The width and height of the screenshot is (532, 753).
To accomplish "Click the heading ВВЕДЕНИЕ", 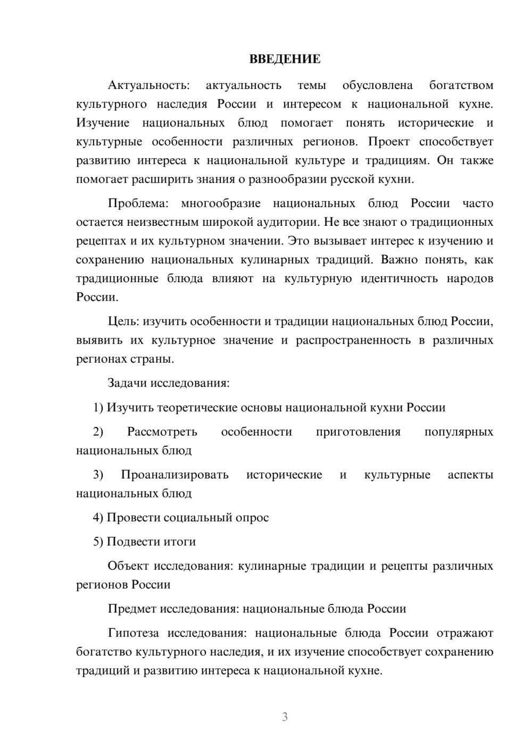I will pos(285,59).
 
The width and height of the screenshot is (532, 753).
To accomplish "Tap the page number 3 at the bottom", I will pos(285,717).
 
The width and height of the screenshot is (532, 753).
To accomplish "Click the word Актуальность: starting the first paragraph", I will pos(148,85).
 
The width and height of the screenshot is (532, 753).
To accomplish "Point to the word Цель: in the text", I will pos(124,322).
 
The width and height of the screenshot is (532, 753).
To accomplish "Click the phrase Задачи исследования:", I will pos(168,383).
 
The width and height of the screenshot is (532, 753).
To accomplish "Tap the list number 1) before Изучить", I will pos(98,407).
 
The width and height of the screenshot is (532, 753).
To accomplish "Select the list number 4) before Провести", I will pos(98,518).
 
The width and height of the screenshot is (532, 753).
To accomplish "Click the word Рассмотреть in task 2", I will pos(162,432).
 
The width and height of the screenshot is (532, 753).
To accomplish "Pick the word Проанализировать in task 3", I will pos(174,474).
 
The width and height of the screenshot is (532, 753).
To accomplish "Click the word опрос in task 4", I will pos(252,518).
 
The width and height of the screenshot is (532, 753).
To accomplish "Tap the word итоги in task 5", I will pos(180,542).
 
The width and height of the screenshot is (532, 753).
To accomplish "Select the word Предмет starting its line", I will pos(132,609).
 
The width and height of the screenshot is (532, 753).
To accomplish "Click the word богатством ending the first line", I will pos(461,85).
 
